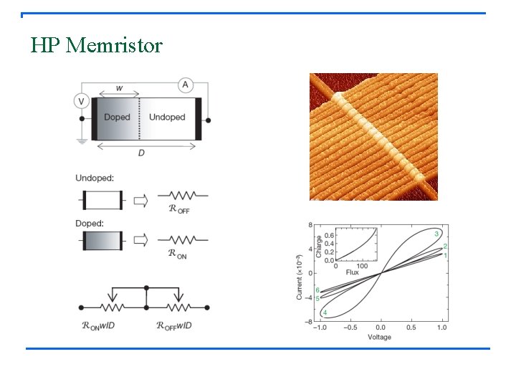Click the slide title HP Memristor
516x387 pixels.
point(97,46)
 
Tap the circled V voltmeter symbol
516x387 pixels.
point(82,101)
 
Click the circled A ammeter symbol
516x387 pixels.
point(185,85)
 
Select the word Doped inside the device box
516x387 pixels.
point(117,118)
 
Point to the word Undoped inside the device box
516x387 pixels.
point(167,118)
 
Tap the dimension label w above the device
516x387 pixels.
point(118,89)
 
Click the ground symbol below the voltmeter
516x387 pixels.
point(82,140)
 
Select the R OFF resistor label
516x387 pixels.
point(180,209)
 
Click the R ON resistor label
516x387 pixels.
point(178,253)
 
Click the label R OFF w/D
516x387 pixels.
point(174,325)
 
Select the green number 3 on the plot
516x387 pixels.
point(436,234)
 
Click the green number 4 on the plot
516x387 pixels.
point(325,313)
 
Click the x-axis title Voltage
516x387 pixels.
point(379,337)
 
